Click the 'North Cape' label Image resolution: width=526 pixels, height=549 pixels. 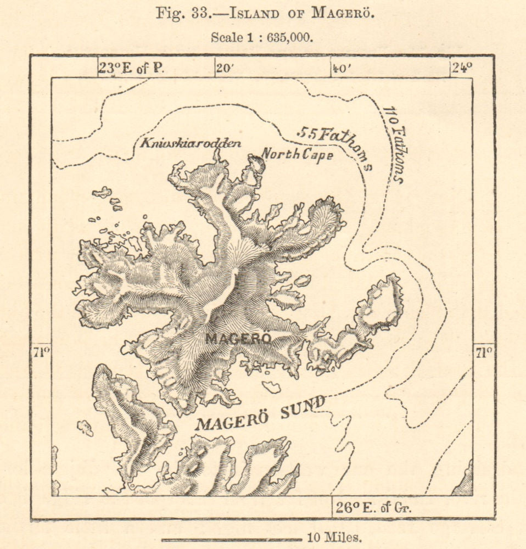[x=296, y=154]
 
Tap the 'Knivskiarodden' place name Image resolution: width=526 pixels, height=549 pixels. [x=191, y=144]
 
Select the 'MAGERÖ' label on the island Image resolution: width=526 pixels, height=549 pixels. [x=238, y=339]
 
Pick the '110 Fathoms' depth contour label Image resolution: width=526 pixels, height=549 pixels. [x=394, y=144]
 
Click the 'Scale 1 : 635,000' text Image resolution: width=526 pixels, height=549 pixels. [x=262, y=38]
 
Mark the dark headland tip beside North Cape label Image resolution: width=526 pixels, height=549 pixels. [x=256, y=163]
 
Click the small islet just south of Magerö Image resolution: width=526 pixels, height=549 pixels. [x=271, y=386]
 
